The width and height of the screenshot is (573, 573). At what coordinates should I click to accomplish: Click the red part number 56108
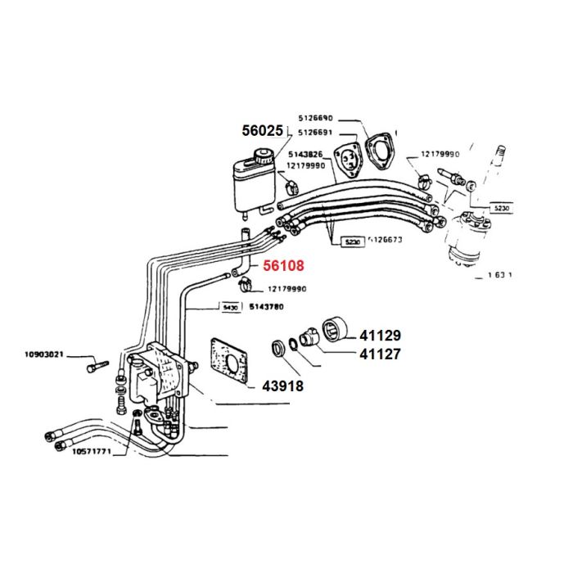coord(283,266)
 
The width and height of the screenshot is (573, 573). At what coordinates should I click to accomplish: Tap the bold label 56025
coord(262,131)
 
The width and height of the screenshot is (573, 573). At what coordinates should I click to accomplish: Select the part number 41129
coord(377,336)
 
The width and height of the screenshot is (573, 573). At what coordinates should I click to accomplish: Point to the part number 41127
coord(377,354)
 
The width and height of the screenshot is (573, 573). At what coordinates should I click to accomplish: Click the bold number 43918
coord(283,386)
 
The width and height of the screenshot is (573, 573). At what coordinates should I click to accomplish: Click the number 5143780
coord(266,308)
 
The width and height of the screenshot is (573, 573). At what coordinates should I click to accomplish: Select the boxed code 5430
coord(230,308)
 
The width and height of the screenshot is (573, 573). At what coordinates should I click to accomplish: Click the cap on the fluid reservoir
coord(263,156)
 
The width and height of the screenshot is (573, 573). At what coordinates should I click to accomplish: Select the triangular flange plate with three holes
coord(351,158)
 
